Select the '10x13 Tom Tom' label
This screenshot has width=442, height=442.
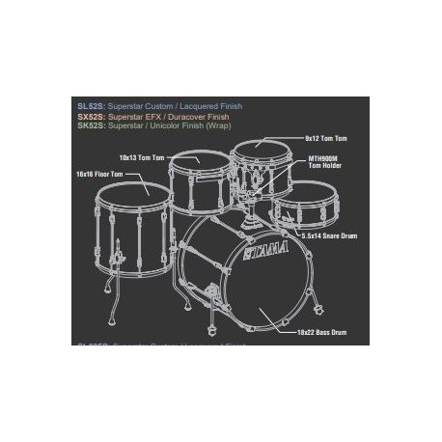coord(141,157)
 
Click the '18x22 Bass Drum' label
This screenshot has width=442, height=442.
coord(320,332)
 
